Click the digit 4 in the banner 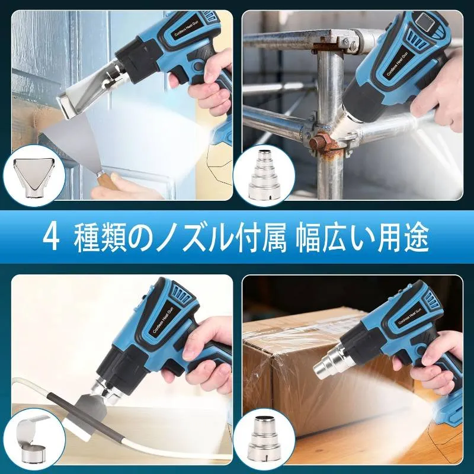click(x=50, y=238)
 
